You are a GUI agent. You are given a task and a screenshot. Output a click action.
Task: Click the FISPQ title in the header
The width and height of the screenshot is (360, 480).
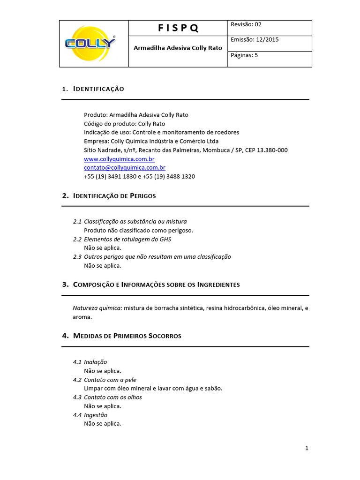coord(178,28)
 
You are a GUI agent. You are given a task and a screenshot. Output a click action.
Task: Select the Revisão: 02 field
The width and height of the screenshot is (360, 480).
coord(246,25)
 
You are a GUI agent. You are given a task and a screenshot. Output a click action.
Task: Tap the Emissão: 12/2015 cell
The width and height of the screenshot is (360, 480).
coord(255,40)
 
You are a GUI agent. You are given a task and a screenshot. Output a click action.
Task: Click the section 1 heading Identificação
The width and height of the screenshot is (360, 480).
coord(98,89)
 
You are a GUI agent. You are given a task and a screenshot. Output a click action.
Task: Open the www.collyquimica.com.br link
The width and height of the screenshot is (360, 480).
coord(119,159)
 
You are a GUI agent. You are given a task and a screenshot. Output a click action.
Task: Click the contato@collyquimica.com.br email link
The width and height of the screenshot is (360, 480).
coord(124,168)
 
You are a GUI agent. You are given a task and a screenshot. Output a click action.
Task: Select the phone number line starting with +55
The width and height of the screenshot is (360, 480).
coord(139,177)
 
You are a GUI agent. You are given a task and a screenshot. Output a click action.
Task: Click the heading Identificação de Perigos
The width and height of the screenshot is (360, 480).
coord(114,196)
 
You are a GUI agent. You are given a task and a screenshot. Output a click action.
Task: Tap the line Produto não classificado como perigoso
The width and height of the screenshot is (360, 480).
coord(138,230)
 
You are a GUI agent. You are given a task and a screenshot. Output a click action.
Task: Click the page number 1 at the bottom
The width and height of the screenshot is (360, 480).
coord(307,449)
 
